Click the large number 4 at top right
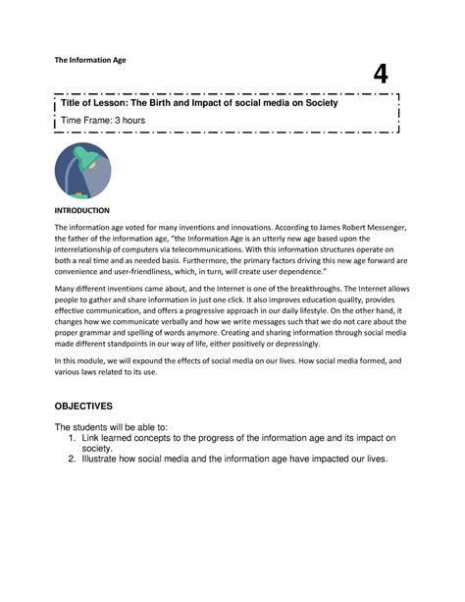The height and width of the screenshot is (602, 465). (x=380, y=75)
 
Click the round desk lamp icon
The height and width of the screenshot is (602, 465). (x=83, y=172)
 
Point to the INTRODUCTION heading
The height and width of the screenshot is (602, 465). (x=82, y=210)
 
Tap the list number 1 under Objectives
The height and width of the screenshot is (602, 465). (x=72, y=437)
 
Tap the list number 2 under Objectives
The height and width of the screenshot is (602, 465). (x=72, y=459)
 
